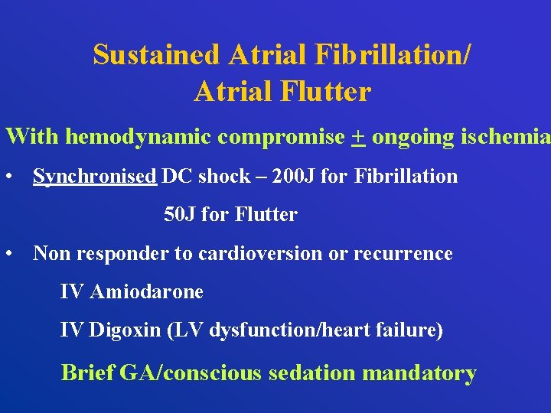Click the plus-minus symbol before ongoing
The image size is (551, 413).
[359, 138]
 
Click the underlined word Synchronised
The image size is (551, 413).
[94, 177]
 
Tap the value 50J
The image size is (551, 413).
[180, 215]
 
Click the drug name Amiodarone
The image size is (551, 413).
[146, 292]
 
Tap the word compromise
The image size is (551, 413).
[281, 138]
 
